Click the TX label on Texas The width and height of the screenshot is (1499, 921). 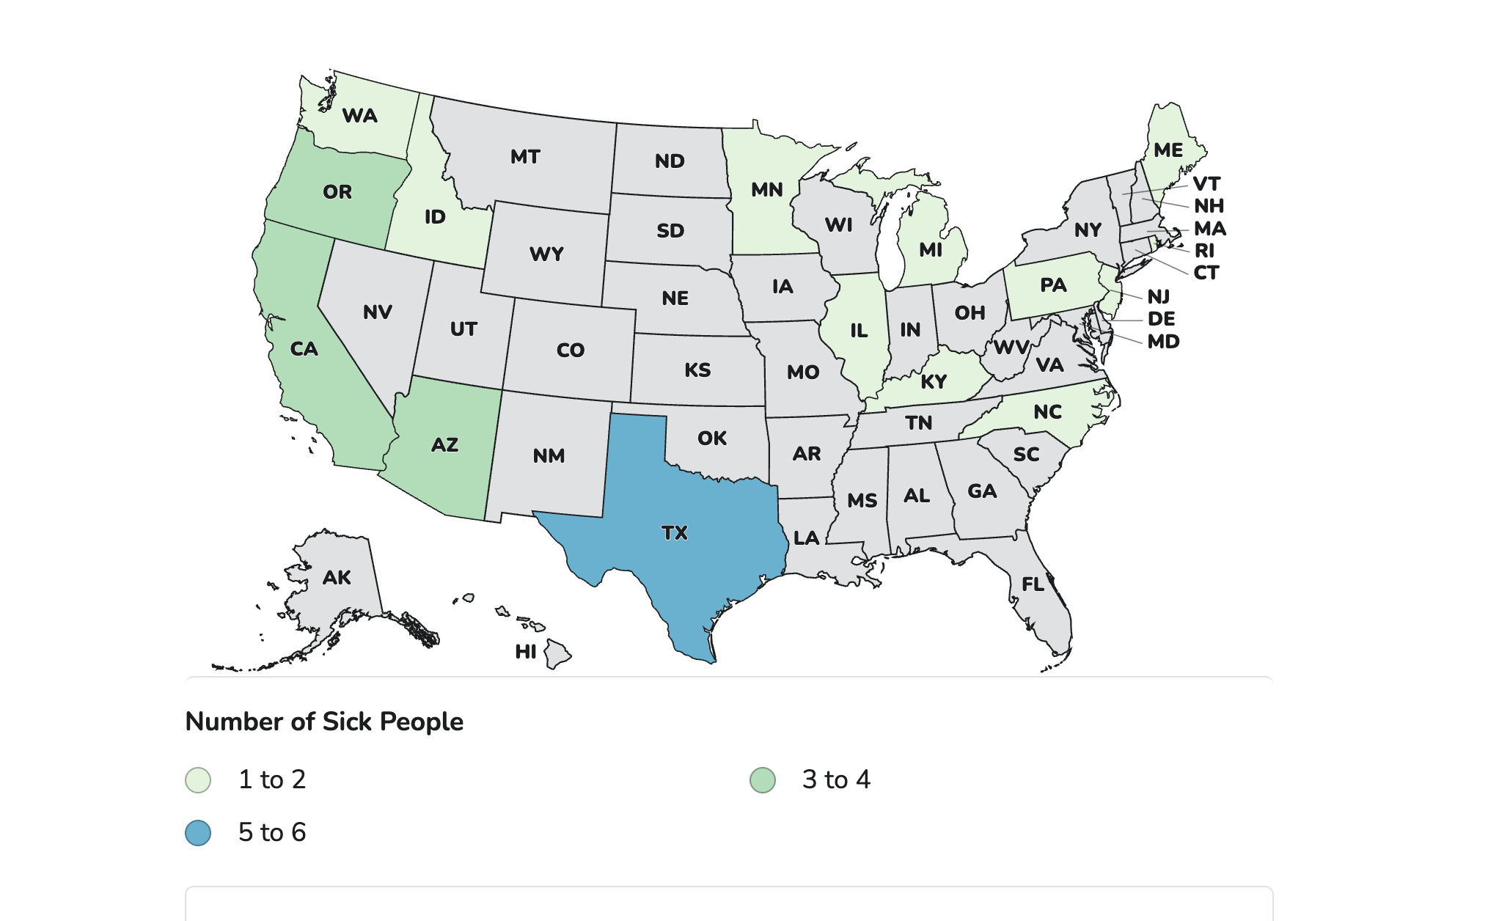(675, 533)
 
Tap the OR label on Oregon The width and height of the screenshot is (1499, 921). (337, 192)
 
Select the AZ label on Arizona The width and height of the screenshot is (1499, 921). (444, 445)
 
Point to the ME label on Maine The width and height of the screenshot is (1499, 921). (1168, 150)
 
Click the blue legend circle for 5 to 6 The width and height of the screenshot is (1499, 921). (198, 833)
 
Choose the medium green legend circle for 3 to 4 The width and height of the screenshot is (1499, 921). (763, 780)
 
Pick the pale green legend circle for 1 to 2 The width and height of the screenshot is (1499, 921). (198, 780)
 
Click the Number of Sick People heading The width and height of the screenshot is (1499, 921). (324, 722)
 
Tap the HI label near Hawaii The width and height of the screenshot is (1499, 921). (526, 652)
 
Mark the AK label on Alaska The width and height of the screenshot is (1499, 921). (337, 578)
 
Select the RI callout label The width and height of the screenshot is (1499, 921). (1205, 251)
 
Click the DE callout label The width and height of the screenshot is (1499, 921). (1162, 319)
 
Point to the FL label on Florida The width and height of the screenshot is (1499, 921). (1033, 584)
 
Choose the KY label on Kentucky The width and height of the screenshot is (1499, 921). (934, 382)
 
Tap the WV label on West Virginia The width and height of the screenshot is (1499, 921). (1011, 348)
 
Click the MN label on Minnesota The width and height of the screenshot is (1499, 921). (767, 190)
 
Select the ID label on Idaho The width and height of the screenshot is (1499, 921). (435, 217)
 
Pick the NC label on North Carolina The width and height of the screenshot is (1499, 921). (1048, 412)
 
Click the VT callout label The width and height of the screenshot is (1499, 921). (1206, 184)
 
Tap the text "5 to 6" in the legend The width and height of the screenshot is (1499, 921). (272, 833)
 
